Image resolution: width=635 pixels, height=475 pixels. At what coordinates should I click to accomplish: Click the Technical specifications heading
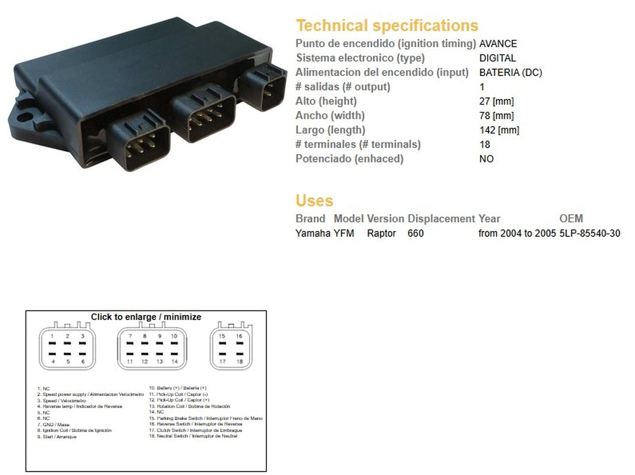387,25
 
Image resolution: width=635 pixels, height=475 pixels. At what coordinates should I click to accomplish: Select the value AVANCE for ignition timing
498,44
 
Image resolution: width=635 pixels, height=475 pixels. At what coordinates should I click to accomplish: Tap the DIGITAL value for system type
497,58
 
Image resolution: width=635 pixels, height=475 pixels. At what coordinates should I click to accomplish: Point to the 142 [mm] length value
498,130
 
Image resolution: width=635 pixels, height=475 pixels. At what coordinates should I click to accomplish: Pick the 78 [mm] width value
496,115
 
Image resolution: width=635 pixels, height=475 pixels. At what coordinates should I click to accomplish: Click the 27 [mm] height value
496,101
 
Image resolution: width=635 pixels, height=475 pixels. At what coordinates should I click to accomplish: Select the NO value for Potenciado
486,158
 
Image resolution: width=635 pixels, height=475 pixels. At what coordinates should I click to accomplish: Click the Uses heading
314,201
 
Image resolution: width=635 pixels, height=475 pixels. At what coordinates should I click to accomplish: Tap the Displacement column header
441,218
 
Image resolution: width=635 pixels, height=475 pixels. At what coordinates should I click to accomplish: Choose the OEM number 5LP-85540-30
589,233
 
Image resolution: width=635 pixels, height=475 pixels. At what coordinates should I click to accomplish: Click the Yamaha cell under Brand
313,233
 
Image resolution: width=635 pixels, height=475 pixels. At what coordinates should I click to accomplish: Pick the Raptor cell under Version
382,233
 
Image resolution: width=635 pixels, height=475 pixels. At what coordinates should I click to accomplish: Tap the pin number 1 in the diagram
52,336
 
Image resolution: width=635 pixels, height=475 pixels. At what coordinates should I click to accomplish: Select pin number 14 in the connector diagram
174,362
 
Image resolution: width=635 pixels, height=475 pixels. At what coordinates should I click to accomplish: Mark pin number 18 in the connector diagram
239,362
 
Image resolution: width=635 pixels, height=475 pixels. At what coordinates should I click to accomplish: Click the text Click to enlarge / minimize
146,317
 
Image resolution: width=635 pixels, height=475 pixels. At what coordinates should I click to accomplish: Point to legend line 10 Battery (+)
178,388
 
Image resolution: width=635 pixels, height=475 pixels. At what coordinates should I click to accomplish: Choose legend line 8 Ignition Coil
75,431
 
